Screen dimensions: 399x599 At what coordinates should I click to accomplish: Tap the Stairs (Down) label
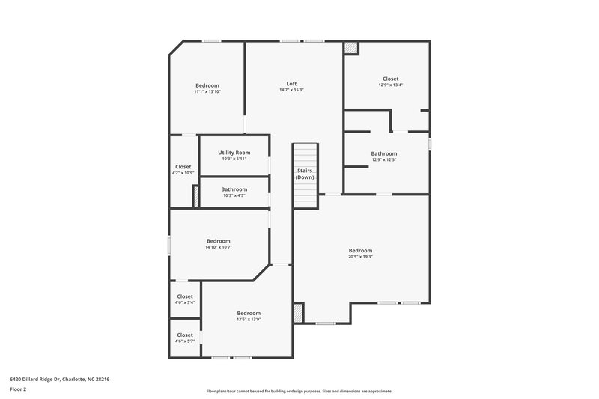pyautogui.click(x=304, y=174)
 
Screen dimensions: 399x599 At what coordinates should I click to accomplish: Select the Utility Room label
pyautogui.click(x=234, y=152)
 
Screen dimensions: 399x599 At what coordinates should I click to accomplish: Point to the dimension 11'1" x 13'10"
pyautogui.click(x=207, y=91)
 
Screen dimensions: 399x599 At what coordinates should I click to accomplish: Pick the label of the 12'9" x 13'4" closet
pyautogui.click(x=390, y=79)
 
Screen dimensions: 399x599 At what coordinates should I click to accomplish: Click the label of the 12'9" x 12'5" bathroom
pyautogui.click(x=384, y=153)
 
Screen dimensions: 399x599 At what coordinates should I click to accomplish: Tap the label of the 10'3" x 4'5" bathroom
pyautogui.click(x=234, y=189)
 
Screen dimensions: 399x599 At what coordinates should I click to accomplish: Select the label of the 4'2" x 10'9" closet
pyautogui.click(x=183, y=166)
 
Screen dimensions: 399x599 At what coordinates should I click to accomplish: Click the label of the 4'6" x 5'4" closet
pyautogui.click(x=185, y=296)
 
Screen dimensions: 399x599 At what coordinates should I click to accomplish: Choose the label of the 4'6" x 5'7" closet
pyautogui.click(x=185, y=335)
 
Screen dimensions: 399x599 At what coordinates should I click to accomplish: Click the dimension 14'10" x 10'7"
pyautogui.click(x=219, y=247)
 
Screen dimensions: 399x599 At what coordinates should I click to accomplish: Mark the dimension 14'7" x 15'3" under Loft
pyautogui.click(x=291, y=90)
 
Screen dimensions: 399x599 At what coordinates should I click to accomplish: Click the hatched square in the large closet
pyautogui.click(x=351, y=48)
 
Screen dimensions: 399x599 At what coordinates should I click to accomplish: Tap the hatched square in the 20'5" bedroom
pyautogui.click(x=299, y=312)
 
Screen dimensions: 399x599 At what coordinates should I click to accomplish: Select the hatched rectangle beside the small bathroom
pyautogui.click(x=196, y=196)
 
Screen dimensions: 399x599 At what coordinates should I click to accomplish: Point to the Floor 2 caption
pyautogui.click(x=19, y=390)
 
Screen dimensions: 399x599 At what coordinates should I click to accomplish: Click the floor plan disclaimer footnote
pyautogui.click(x=299, y=391)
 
